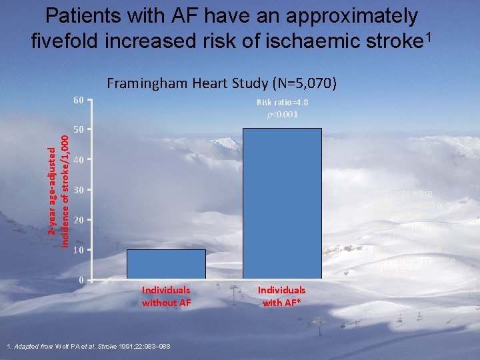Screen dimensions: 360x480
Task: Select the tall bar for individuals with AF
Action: click(282, 203)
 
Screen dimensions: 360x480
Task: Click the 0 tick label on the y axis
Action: click(80, 280)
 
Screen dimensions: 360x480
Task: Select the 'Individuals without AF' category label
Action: click(165, 296)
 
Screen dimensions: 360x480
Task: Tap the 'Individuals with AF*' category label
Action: click(283, 296)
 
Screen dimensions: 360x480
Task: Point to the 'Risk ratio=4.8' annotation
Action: click(282, 103)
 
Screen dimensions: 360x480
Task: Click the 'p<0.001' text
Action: click(282, 114)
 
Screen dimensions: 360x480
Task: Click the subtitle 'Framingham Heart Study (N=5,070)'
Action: click(221, 83)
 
